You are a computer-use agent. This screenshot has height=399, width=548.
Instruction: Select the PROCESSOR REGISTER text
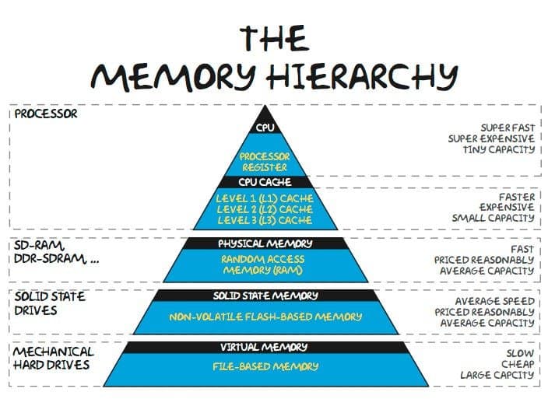pos(264,161)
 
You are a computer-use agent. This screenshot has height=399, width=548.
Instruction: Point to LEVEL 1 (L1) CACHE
pos(264,198)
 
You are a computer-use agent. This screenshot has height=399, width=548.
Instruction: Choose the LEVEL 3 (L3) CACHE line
pos(264,219)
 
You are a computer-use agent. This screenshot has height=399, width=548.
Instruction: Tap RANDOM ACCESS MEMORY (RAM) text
pos(264,264)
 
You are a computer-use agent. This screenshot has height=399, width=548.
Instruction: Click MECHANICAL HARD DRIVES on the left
pos(53,358)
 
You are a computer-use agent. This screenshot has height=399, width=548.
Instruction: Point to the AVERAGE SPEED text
pos(494,300)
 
